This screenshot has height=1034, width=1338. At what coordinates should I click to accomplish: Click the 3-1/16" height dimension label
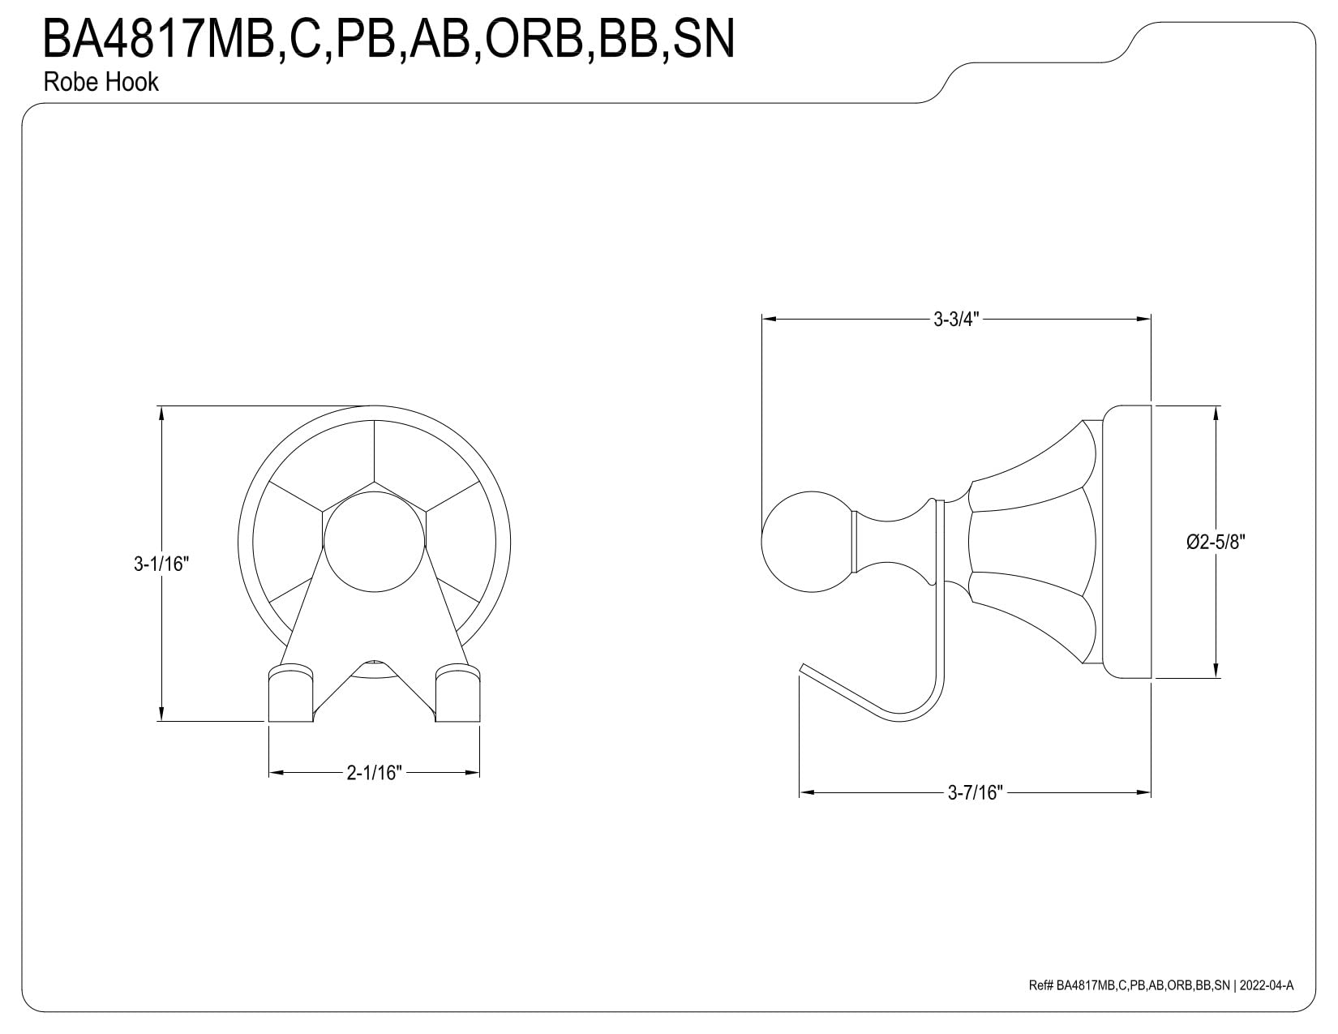click(x=161, y=564)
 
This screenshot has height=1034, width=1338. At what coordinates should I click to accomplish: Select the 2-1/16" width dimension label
click(x=374, y=772)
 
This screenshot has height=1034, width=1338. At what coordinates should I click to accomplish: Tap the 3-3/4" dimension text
click(x=956, y=319)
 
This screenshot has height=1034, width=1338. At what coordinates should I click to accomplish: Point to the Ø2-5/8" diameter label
click(x=1216, y=541)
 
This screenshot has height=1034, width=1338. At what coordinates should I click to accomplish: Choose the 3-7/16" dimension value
click(x=976, y=792)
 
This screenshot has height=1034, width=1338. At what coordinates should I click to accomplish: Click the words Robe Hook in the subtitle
click(x=101, y=82)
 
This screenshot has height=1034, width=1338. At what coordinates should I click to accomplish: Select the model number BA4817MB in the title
click(x=159, y=39)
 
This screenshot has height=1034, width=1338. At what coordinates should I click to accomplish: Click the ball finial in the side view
click(x=807, y=542)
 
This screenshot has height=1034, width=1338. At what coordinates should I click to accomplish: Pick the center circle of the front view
click(x=375, y=542)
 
